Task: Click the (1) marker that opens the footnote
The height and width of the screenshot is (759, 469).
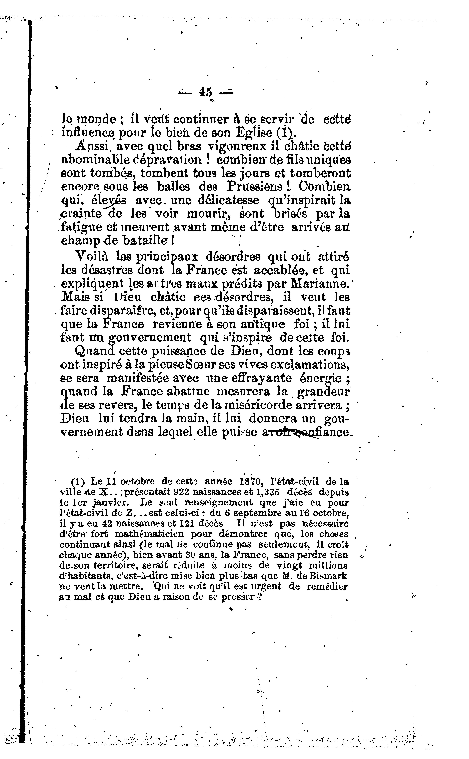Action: click(x=78, y=482)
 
